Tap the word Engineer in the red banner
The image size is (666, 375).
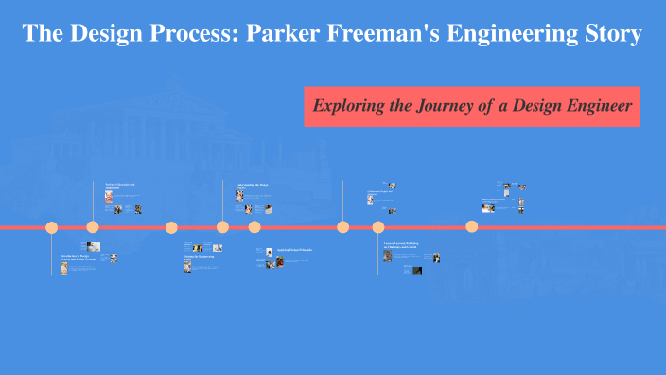(596, 105)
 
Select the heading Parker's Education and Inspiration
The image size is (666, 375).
(121, 186)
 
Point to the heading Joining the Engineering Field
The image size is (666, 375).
(200, 258)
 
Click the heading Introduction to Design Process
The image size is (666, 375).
(78, 256)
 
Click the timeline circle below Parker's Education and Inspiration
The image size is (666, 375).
(93, 227)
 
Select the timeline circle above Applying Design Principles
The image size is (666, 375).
(254, 227)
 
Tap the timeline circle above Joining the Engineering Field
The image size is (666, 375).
(171, 227)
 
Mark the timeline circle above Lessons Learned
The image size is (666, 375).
(378, 227)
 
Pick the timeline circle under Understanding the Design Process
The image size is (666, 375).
(222, 227)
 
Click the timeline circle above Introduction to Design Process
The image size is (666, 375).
(52, 227)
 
